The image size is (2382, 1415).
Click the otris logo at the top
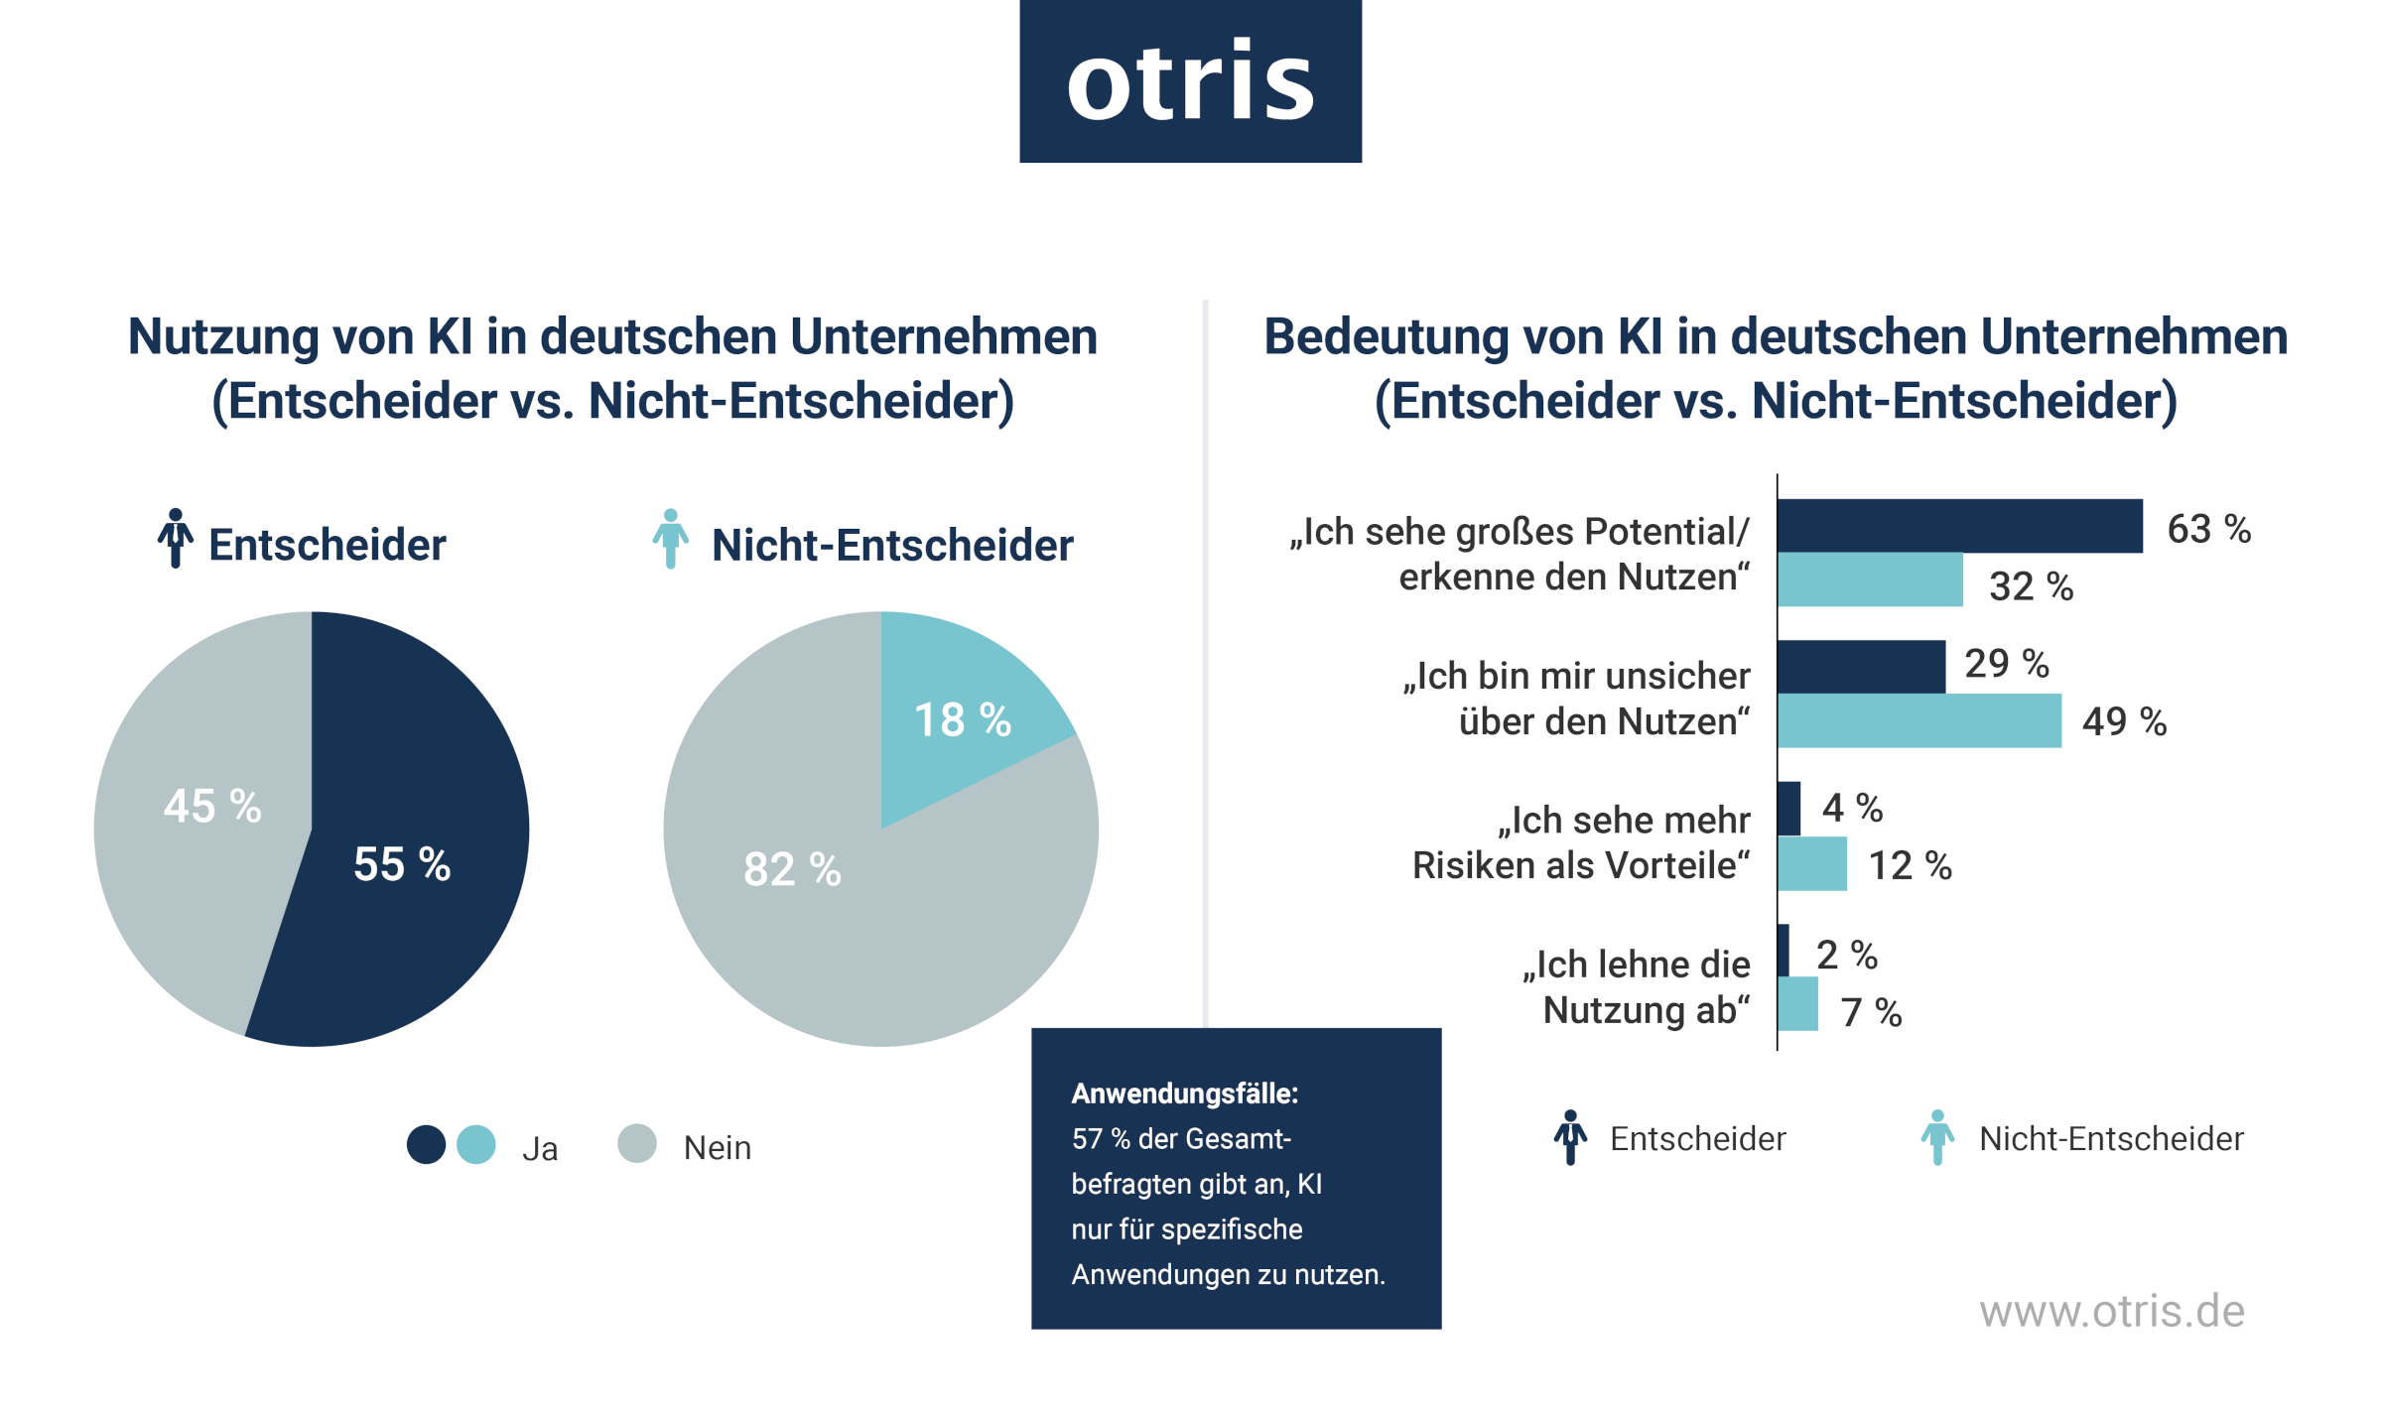point(1190,81)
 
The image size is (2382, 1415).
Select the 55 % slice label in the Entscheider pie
point(402,864)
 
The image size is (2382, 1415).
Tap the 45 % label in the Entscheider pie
point(212,806)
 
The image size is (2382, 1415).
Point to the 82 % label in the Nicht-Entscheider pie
point(792,869)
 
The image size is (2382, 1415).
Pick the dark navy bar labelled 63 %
point(1958,526)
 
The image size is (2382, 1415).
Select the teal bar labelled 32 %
point(1869,580)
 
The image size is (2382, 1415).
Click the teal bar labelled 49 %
point(1919,720)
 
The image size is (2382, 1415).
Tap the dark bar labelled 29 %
point(1861,667)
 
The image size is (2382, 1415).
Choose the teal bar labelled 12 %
point(1812,864)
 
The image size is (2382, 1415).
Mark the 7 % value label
point(1871,1013)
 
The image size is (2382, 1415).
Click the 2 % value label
point(1846,956)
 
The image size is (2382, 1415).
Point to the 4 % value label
point(1852,808)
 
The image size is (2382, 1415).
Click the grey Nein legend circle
point(637,1143)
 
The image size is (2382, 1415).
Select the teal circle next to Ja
point(476,1144)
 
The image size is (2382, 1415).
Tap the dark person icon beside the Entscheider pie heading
point(176,539)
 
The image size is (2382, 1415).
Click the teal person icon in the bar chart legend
point(1936,1137)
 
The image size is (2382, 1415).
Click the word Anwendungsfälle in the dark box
point(1184,1093)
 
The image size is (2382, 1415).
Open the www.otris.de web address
point(2111,1312)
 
